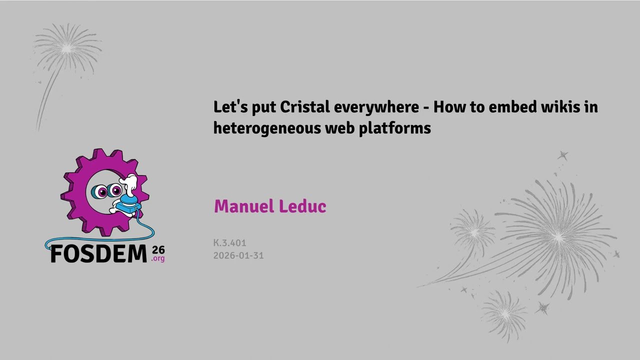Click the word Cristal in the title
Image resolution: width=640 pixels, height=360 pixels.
tap(304, 107)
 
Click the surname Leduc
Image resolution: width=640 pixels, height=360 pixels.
tap(302, 206)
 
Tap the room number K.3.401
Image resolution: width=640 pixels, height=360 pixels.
tap(229, 243)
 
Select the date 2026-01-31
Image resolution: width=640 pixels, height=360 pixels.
tap(238, 255)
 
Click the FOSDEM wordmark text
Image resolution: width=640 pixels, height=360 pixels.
tap(98, 253)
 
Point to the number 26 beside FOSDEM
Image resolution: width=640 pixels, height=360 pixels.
tap(158, 250)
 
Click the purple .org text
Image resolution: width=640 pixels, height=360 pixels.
tap(157, 259)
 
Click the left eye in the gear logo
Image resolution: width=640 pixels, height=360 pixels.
tap(99, 191)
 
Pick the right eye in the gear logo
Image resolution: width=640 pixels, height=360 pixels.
tap(115, 190)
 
